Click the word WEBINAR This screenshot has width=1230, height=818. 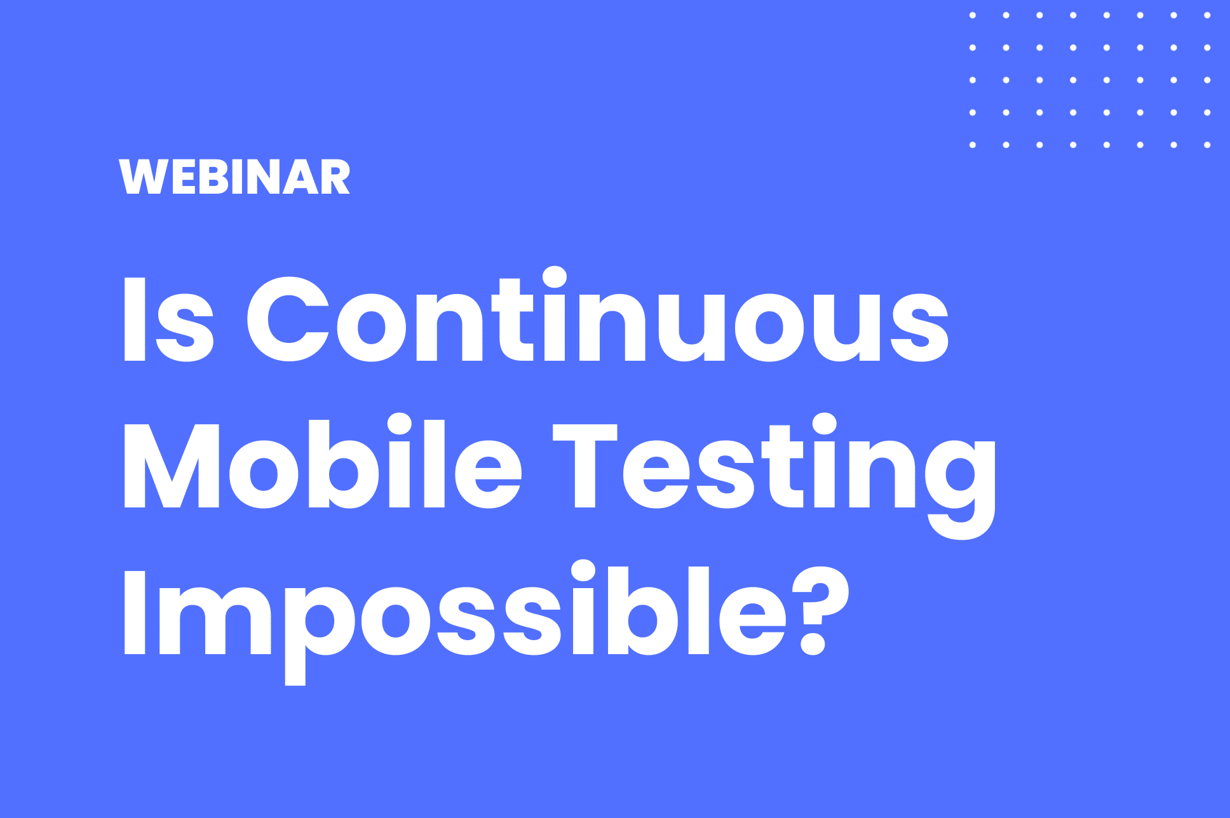point(234,177)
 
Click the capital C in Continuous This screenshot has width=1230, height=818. point(288,319)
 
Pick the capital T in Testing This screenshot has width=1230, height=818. point(585,465)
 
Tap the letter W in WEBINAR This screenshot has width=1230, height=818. point(141,177)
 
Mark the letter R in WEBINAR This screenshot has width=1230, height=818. point(334,177)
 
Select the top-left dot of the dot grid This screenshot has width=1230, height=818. point(973,15)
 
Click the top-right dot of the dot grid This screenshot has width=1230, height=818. point(1207,15)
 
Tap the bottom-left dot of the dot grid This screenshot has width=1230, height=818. point(973,145)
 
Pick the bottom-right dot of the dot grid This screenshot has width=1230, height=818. point(1207,145)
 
